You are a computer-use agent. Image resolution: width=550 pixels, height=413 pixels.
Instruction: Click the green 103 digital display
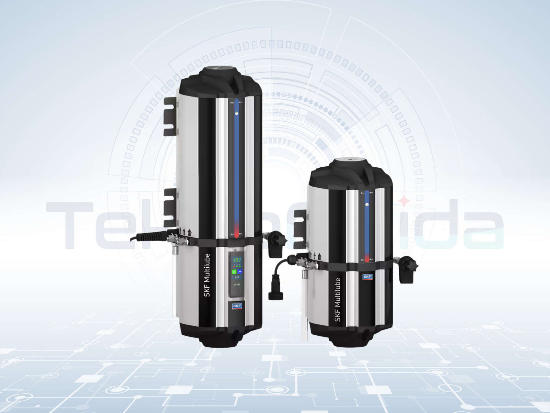(237, 260)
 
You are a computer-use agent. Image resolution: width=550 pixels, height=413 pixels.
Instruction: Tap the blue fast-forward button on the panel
(240, 271)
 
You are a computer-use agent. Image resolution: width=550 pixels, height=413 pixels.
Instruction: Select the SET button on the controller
(237, 277)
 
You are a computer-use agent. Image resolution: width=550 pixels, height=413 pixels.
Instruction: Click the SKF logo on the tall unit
(237, 306)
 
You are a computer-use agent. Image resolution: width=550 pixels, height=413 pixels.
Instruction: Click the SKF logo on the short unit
(367, 277)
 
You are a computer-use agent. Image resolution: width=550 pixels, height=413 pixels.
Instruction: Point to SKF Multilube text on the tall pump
(207, 275)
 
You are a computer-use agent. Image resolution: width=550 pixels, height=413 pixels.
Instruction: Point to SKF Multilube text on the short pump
(338, 300)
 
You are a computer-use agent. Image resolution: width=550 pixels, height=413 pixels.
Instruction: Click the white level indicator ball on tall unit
(236, 113)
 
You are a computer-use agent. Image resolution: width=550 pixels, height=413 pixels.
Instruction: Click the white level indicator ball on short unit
(367, 205)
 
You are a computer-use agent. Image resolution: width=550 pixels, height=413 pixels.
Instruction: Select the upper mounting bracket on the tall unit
(170, 116)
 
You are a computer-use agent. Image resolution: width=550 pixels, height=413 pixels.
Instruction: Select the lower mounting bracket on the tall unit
(171, 207)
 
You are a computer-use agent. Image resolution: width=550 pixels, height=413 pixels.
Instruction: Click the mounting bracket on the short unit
(300, 229)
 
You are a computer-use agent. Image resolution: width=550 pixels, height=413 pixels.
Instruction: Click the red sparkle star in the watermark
(405, 200)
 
